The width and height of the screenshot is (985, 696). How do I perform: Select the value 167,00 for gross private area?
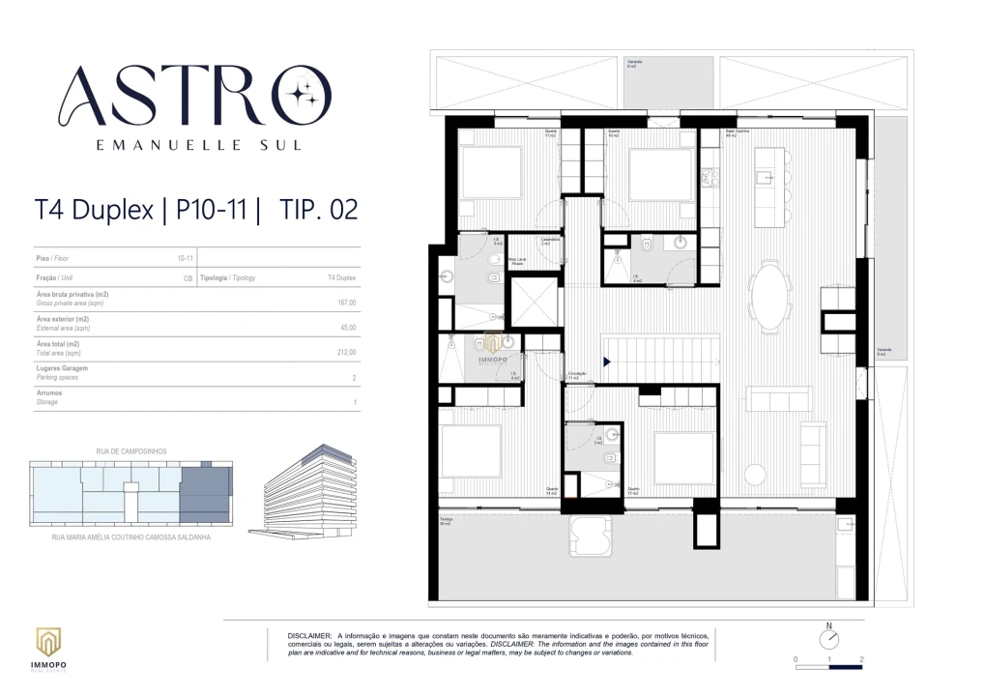tap(346, 303)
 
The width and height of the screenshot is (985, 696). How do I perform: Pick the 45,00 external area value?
tap(347, 327)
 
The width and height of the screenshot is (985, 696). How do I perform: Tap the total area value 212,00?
tap(346, 352)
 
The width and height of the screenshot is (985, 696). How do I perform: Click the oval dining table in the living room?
tap(771, 298)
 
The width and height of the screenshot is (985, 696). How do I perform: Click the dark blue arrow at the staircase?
tap(606, 362)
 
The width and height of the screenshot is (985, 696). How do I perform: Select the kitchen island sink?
tap(764, 176)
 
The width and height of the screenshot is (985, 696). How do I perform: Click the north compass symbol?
tap(828, 639)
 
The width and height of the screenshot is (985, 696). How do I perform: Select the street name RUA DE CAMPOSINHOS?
tap(131, 452)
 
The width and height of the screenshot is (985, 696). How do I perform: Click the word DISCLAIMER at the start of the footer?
tap(308, 635)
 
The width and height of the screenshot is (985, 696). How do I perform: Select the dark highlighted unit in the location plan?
tap(204, 493)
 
